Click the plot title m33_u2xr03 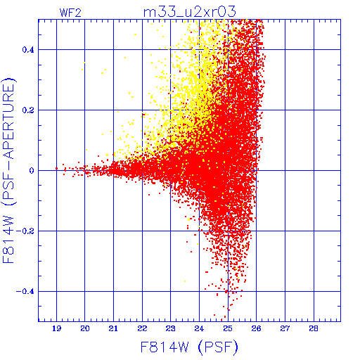189,12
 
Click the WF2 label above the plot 70,13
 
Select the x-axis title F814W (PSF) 189,347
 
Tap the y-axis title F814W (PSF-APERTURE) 9,170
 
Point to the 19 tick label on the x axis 56,328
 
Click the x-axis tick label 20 85,328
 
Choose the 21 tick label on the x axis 113,328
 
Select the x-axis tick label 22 142,328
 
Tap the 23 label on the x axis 171,328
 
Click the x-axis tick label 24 199,328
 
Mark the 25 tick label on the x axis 228,328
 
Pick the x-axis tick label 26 257,328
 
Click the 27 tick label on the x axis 285,328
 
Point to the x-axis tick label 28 314,328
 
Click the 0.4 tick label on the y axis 28,50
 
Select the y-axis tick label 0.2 28,110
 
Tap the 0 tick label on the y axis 32,171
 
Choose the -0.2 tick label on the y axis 25,231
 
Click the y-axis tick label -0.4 25,292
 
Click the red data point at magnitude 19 56,168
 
